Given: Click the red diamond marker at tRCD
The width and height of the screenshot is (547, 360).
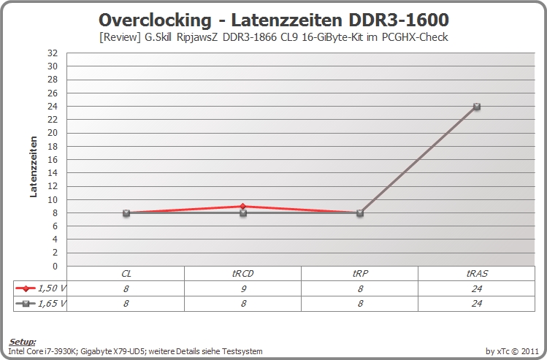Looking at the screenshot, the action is coord(242,206).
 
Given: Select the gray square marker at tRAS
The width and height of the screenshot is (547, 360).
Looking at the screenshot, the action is coord(477,107).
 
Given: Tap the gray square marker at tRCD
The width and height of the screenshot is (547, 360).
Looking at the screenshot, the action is coord(243,212).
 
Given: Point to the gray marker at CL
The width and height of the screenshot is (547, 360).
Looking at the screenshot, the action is coord(126,212).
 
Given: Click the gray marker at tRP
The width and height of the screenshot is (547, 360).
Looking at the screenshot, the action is coord(360,212).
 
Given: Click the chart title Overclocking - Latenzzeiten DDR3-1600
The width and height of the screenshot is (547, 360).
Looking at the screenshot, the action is coord(273,20).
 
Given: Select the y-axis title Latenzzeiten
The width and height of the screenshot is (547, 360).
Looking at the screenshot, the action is coord(34,166).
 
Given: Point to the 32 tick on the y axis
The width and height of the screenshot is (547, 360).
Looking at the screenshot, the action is coord(53,53).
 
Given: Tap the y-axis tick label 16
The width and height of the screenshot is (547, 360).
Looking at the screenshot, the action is coord(53,159).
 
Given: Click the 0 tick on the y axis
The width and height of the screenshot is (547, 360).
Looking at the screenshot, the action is coord(55,266).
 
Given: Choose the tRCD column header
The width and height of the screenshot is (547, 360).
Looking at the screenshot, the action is coord(242,274).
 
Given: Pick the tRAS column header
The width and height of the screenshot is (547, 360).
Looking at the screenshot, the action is coord(477,274).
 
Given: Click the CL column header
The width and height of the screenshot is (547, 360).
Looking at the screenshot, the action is coord(126,274).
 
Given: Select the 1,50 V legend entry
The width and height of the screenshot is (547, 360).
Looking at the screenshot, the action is coord(40,288).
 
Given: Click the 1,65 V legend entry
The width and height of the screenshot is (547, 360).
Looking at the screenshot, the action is coord(40,304).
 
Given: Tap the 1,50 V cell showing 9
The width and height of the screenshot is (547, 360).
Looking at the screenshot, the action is coord(243,289).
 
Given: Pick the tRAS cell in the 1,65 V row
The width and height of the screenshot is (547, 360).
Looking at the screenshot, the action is coord(477,304).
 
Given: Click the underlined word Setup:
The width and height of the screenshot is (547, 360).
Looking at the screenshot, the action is coord(23,342).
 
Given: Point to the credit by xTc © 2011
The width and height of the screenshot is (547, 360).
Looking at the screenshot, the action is coord(512,351).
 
